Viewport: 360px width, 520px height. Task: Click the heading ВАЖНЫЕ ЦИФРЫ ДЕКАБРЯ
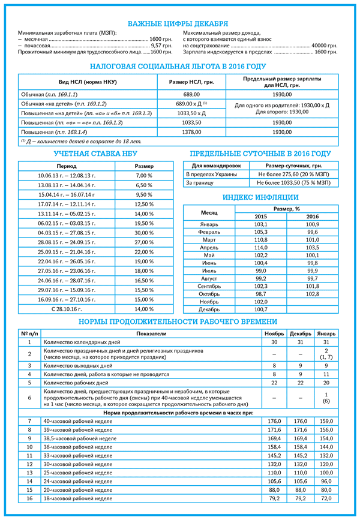[x=179, y=23]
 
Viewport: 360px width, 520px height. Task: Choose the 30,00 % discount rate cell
[x=144, y=233]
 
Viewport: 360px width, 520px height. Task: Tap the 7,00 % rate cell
[x=144, y=175]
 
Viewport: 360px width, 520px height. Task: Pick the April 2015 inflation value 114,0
[x=261, y=247]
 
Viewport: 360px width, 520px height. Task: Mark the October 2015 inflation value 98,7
[x=261, y=294]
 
